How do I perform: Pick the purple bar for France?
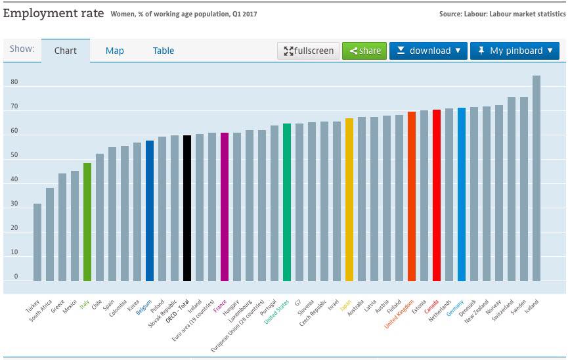225,207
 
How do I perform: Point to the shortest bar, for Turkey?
37,242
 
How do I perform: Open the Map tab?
115,51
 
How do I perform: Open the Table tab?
164,51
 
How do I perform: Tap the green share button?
364,51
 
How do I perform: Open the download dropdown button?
428,51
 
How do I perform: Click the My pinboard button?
515,51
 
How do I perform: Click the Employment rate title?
53,12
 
